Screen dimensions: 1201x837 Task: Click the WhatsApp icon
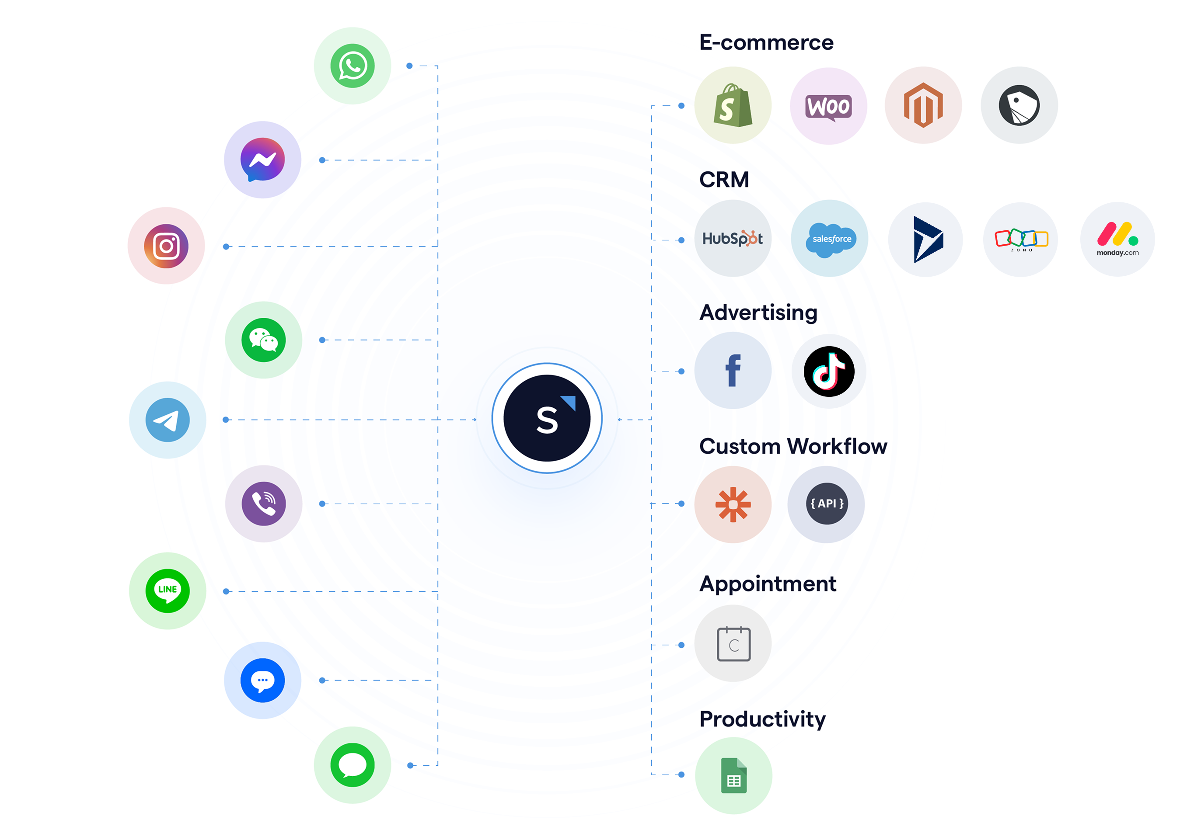click(352, 66)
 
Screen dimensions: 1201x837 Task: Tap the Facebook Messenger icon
click(262, 160)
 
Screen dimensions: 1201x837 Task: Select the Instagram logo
click(166, 246)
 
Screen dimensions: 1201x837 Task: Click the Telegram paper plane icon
click(168, 420)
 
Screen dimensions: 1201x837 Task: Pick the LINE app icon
click(168, 591)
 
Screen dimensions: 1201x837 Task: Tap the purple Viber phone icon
click(264, 504)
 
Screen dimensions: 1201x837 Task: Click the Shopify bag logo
click(733, 106)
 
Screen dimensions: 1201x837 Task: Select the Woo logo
click(828, 108)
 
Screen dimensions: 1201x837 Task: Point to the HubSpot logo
click(733, 238)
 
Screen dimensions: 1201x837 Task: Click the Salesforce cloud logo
click(831, 240)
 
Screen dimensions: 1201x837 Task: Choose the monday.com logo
click(1118, 239)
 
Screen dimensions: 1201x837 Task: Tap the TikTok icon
click(829, 371)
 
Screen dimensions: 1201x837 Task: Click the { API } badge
click(827, 504)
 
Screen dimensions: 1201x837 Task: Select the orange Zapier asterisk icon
click(733, 504)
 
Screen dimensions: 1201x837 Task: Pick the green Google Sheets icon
click(734, 775)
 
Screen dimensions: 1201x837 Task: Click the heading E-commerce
click(766, 42)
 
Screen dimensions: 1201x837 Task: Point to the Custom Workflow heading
click(793, 446)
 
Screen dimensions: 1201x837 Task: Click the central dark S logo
click(547, 418)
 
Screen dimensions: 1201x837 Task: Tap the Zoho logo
click(1021, 240)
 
